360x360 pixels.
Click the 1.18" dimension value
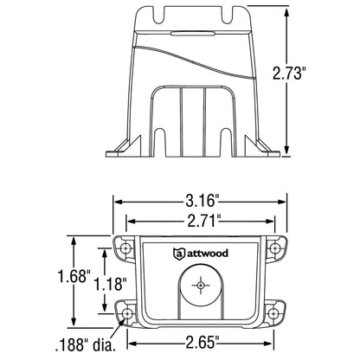click(x=112, y=284)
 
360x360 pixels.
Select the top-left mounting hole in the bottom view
click(x=127, y=249)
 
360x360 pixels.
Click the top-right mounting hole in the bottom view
click(x=277, y=249)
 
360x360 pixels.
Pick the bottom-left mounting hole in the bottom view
click(x=127, y=312)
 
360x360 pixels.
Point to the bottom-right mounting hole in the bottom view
click(x=277, y=312)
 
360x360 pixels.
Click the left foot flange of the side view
click(x=121, y=150)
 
